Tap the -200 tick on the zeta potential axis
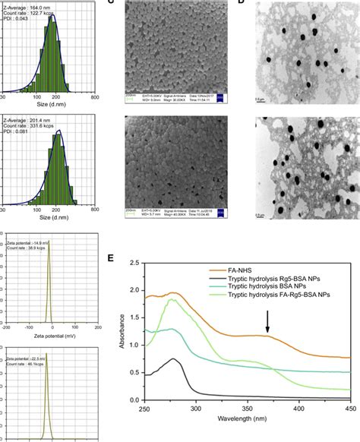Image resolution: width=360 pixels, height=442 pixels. (x=6, y=330)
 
